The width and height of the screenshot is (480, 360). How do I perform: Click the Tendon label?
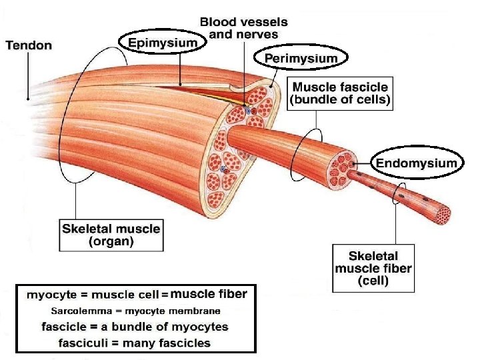29,45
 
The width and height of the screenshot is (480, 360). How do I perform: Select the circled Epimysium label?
163,43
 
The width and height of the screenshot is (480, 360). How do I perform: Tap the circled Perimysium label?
301,59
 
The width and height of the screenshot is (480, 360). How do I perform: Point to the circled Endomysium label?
417,163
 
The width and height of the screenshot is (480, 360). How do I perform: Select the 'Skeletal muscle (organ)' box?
111,235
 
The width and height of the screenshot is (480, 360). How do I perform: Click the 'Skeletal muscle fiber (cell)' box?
373,268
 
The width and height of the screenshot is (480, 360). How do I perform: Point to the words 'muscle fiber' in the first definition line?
209,294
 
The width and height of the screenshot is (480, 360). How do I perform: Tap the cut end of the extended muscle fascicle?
341,171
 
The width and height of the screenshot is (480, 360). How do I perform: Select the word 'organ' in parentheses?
111,242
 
